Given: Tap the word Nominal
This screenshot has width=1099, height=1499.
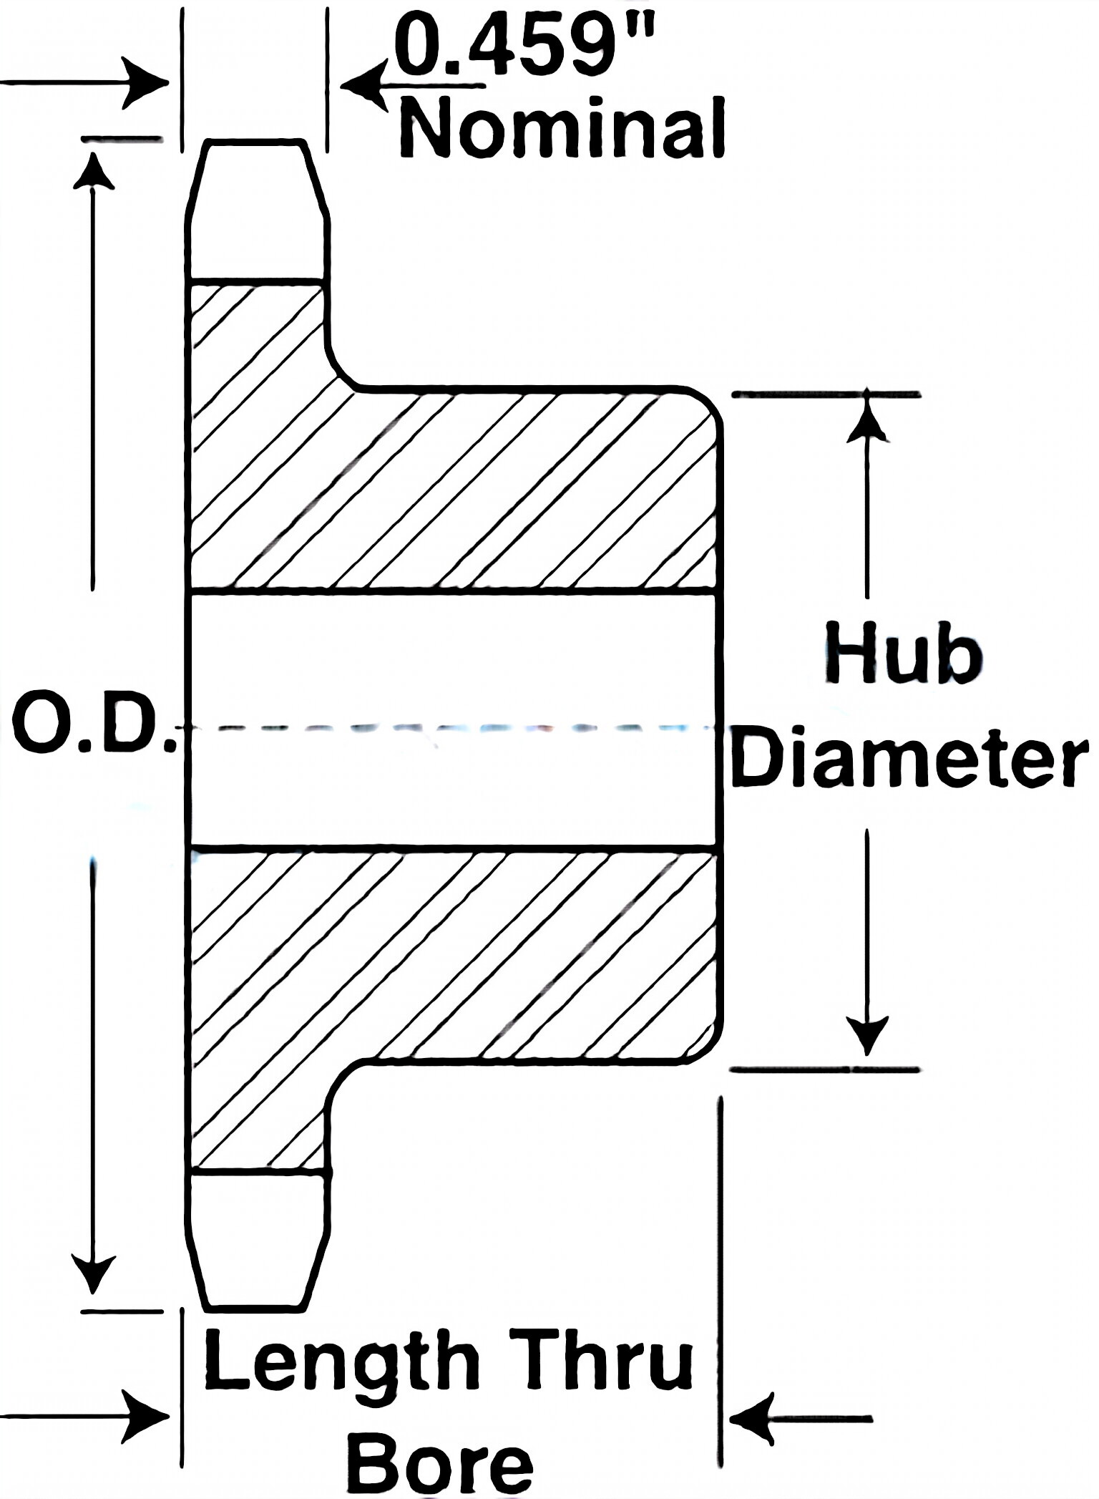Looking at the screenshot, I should (562, 130).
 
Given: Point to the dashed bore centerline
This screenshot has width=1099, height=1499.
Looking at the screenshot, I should (451, 728).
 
